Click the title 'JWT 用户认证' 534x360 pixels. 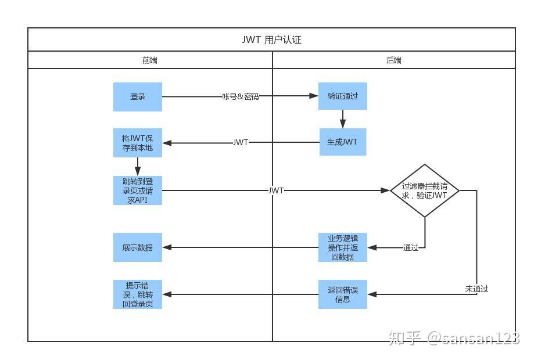(x=271, y=40)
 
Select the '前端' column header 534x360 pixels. (x=150, y=60)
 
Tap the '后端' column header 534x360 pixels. (x=394, y=60)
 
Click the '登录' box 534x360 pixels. (x=138, y=97)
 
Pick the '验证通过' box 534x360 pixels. (x=343, y=96)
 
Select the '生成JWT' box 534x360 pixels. (x=343, y=142)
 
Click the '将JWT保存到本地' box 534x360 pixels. (x=138, y=143)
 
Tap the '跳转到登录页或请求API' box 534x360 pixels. (x=138, y=190)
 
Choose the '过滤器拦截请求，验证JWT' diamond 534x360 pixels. (x=425, y=190)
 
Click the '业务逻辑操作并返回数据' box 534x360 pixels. (x=343, y=247)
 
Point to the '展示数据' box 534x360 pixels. (x=138, y=247)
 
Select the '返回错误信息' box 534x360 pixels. (x=343, y=294)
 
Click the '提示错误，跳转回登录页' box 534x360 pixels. (x=138, y=294)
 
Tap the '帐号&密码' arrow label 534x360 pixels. (x=241, y=96)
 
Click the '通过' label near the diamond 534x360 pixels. (x=411, y=248)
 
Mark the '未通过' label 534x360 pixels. (x=476, y=289)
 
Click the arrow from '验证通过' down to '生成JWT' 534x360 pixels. (x=343, y=119)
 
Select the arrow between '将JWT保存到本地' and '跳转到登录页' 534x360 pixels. (x=138, y=167)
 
